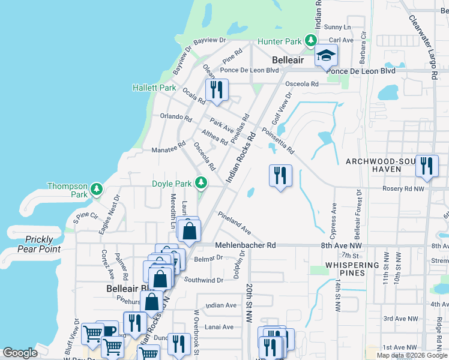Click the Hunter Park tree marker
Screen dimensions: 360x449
click(x=311, y=41)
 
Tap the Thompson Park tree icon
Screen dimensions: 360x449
click(x=97, y=190)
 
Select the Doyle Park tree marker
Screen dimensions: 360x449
click(x=203, y=183)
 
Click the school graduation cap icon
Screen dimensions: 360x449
click(x=327, y=57)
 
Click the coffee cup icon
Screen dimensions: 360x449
click(x=109, y=331)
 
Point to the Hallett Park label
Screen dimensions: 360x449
click(x=154, y=88)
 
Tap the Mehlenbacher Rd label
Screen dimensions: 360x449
click(x=245, y=245)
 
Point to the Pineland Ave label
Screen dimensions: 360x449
click(x=234, y=222)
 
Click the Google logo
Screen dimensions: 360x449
click(x=20, y=353)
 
